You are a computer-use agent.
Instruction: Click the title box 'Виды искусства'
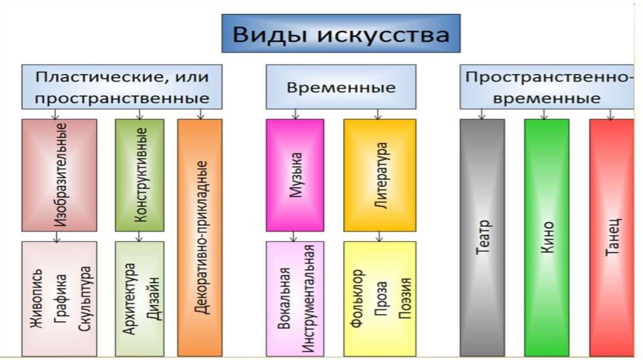(340, 33)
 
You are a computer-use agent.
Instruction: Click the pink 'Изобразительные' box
(60, 175)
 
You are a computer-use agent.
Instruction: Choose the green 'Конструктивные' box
(139, 175)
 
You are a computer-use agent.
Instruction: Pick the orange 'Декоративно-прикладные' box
(200, 237)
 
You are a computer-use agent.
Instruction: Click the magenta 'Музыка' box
(294, 175)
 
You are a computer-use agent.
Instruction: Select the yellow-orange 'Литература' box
(379, 175)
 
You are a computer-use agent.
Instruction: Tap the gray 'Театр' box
(482, 237)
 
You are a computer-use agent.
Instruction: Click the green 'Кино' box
(546, 237)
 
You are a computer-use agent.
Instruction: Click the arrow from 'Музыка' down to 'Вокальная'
(292, 236)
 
